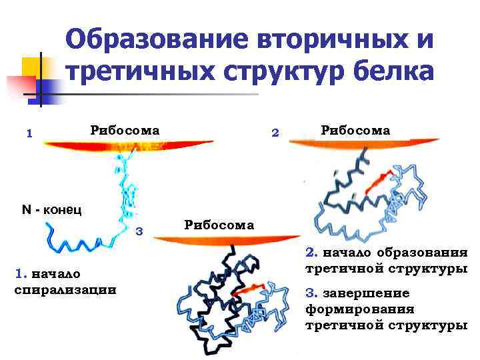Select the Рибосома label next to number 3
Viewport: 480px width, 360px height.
219,225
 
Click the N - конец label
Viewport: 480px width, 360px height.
52,210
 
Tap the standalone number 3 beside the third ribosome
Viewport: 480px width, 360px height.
140,231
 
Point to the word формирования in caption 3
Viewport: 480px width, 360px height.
360,309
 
